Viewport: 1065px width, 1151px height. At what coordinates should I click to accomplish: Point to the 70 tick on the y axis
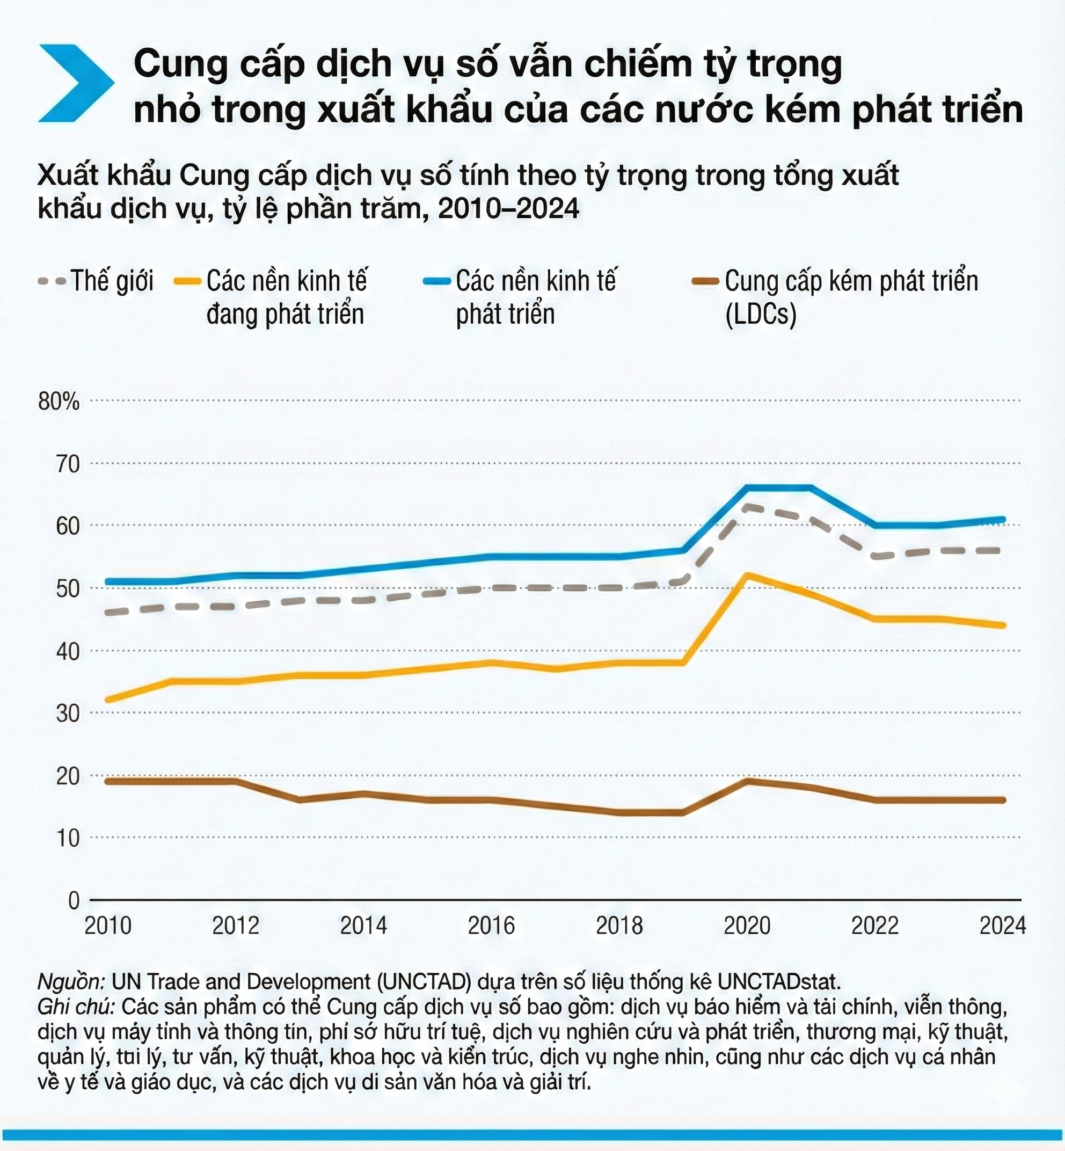pos(68,464)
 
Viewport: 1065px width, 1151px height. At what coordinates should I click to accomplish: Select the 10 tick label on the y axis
pos(68,838)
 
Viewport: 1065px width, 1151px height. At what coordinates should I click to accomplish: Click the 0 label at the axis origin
pos(73,900)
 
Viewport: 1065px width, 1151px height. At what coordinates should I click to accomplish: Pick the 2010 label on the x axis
pos(108,926)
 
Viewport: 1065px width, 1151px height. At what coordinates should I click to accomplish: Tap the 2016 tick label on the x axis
pos(491,926)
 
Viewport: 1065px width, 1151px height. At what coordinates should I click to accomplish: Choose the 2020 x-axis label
pos(747,926)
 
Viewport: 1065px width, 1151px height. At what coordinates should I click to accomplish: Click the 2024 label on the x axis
pos(1003,926)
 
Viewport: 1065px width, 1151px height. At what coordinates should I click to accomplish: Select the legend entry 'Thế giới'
pos(112,281)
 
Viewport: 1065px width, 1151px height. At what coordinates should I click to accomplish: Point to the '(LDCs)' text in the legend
pos(761,315)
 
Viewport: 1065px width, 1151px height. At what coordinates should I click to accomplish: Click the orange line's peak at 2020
pos(747,574)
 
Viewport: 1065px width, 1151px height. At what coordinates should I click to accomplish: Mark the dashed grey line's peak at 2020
pos(747,506)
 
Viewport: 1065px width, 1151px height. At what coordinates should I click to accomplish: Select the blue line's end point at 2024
pos(1003,519)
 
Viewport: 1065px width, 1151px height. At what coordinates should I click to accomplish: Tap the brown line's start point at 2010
pos(108,781)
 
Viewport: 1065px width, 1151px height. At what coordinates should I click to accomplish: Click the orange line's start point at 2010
pos(108,700)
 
